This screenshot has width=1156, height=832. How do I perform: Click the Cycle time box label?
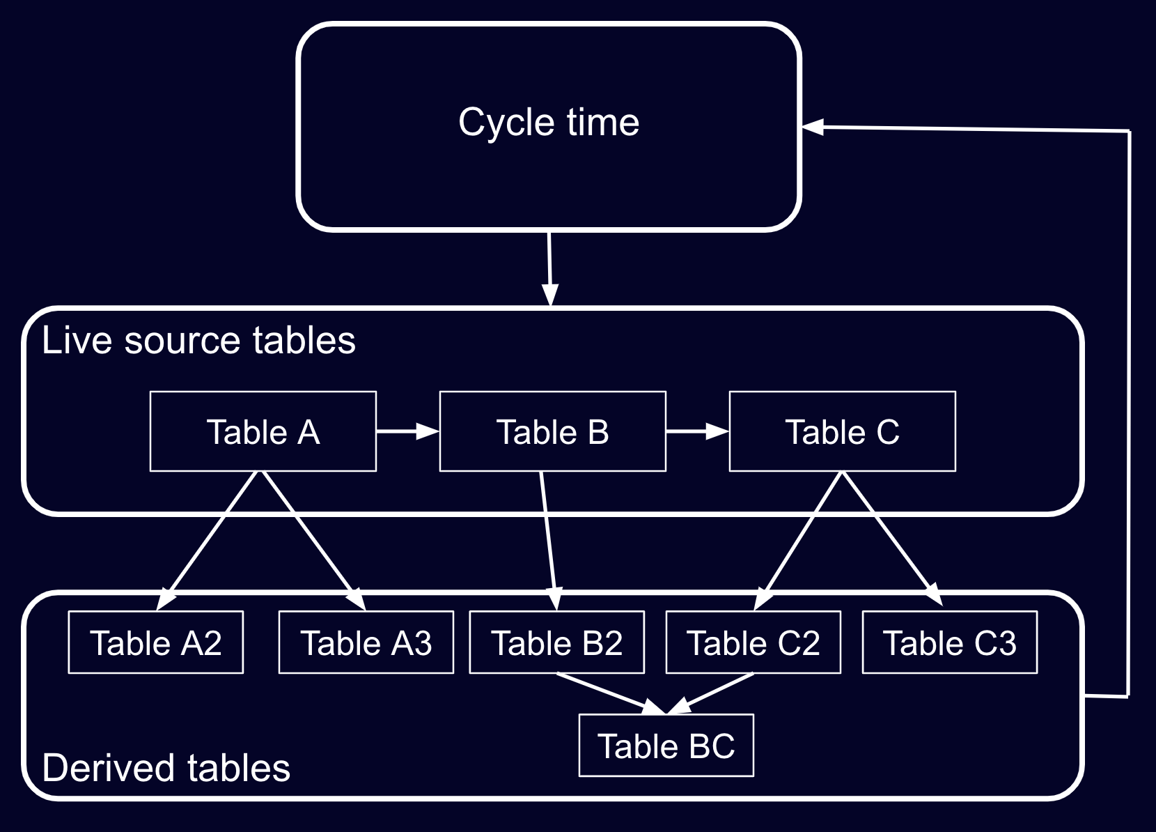coord(549,123)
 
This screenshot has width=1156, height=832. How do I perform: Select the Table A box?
coord(263,432)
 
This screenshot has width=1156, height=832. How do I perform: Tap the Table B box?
coord(552,432)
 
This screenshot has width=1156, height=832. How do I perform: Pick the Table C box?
coord(842,432)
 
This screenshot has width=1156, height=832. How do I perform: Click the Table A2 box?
coord(155,642)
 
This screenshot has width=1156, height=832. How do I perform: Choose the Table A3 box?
coord(366,642)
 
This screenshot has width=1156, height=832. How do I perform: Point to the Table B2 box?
coord(556,642)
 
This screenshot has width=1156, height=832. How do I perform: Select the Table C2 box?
coord(753,642)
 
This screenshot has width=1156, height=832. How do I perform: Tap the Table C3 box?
coord(949,642)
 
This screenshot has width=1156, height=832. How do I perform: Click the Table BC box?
coord(666,746)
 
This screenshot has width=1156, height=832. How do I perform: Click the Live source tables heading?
coord(198,341)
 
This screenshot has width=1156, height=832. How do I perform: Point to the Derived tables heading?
coord(166,768)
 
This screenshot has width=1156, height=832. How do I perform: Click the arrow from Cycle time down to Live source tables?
coord(549,268)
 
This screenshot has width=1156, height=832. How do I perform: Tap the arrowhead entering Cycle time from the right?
coord(813,127)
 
